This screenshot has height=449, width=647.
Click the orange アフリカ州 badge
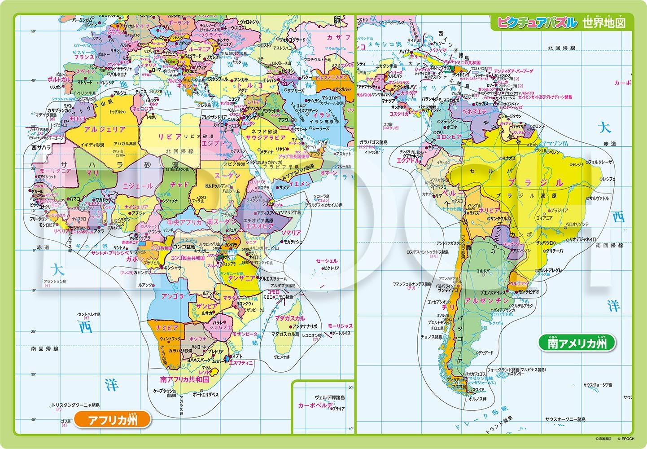(x=112, y=420)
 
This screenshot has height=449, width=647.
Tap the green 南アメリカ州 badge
(x=577, y=343)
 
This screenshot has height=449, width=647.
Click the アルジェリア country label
(x=105, y=129)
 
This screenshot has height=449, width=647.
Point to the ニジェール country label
(x=138, y=185)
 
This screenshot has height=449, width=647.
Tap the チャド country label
(x=179, y=185)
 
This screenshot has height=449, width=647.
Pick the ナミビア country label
(x=167, y=328)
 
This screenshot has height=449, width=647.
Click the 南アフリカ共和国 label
(x=185, y=379)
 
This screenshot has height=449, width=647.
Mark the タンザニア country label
(x=242, y=278)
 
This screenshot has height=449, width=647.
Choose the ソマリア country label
(x=291, y=233)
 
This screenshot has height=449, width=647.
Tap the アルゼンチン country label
(x=487, y=301)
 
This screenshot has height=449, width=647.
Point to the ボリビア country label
(x=489, y=210)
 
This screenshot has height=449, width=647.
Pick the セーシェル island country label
(x=326, y=261)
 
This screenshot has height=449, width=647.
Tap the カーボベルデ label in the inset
(x=315, y=405)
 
